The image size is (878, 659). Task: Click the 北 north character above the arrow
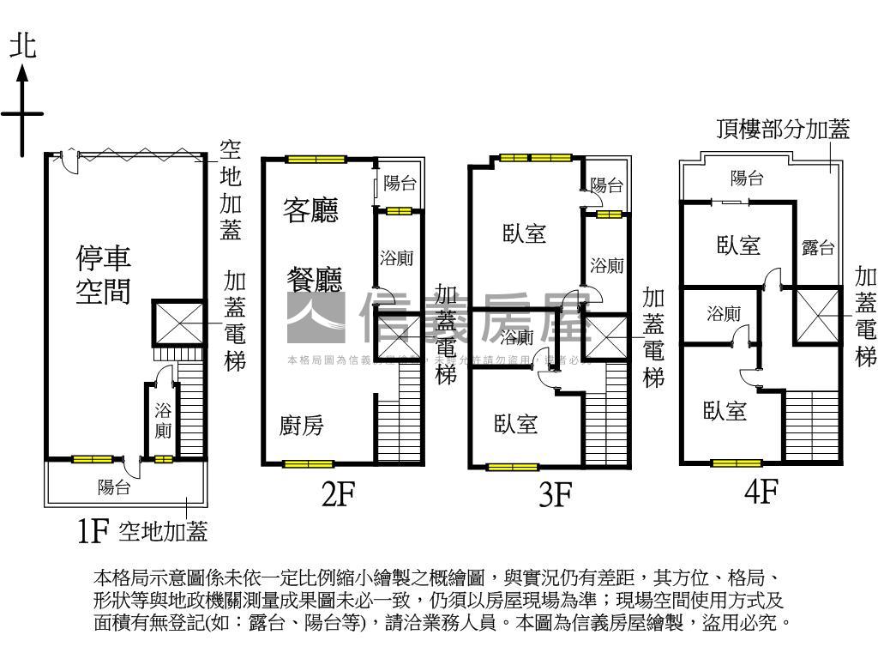pyautogui.click(x=23, y=47)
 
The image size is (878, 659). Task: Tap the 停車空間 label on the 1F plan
pyautogui.click(x=104, y=275)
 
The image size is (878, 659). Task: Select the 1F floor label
pyautogui.click(x=93, y=533)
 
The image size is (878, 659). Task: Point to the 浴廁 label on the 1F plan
pyautogui.click(x=163, y=420)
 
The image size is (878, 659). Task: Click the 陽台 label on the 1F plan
pyautogui.click(x=114, y=488)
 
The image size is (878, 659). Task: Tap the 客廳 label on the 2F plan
pyautogui.click(x=310, y=209)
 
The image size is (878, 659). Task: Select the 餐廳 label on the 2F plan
pyautogui.click(x=313, y=279)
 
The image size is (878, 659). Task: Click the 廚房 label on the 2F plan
pyautogui.click(x=302, y=426)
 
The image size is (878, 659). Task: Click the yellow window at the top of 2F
pyautogui.click(x=316, y=159)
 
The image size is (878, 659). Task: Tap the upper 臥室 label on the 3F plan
pyautogui.click(x=525, y=233)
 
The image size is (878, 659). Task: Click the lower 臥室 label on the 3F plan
pyautogui.click(x=516, y=423)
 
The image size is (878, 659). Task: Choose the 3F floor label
pyautogui.click(x=556, y=495)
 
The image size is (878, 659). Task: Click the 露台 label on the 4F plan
pyautogui.click(x=818, y=248)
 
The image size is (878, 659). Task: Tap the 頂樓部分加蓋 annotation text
pyautogui.click(x=783, y=130)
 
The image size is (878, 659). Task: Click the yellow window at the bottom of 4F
pyautogui.click(x=737, y=464)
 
